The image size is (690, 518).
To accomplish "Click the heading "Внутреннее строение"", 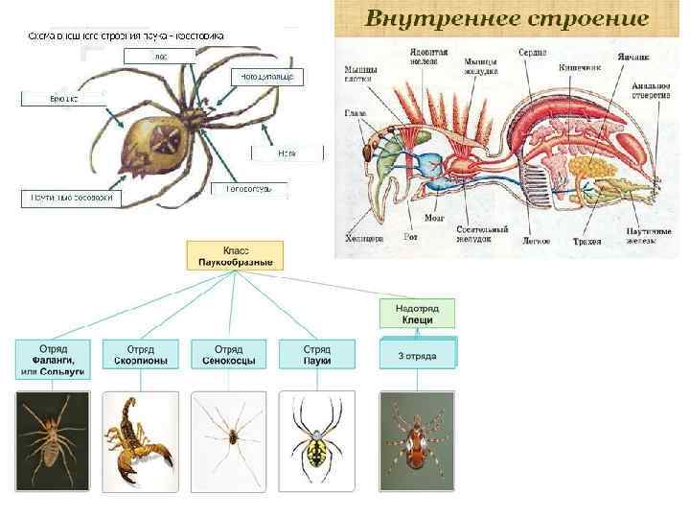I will [507, 18].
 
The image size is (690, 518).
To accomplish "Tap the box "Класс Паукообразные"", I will [235, 254].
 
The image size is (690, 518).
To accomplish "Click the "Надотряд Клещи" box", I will [417, 313].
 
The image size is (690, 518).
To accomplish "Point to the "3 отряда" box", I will [418, 355].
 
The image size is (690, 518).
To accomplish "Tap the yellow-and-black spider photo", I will [316, 441].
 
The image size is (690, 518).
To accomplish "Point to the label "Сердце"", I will [533, 52].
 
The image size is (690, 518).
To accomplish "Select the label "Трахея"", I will [586, 242].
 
